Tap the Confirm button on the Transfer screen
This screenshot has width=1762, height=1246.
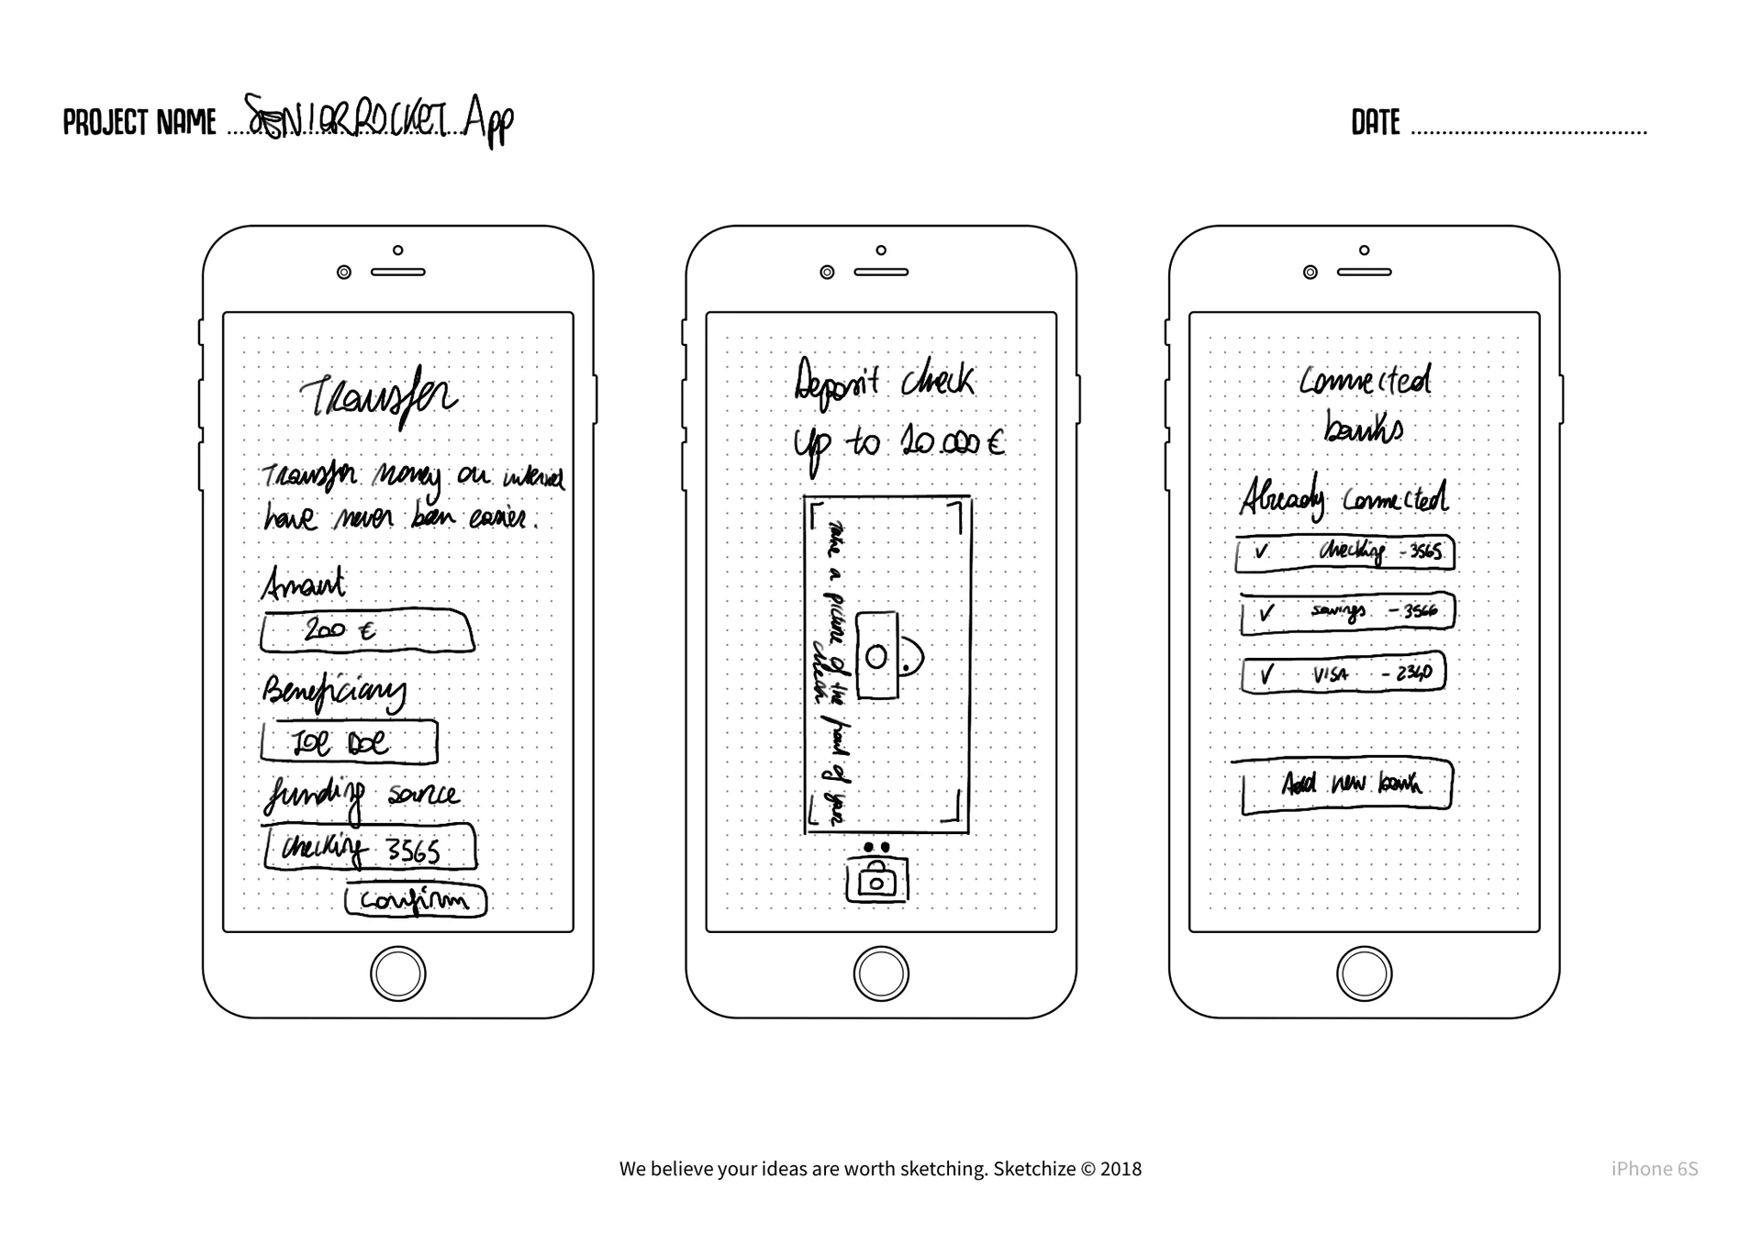click(416, 900)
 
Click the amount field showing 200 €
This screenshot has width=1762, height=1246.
click(367, 631)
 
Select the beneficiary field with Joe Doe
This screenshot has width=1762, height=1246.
click(349, 742)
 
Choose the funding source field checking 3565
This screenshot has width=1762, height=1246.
click(370, 848)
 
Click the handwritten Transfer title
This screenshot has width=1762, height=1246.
click(378, 397)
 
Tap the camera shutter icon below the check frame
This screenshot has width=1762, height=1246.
click(876, 879)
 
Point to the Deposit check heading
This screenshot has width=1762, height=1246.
click(884, 380)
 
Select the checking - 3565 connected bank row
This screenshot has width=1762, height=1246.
click(1344, 552)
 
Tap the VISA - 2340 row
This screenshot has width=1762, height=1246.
click(1343, 673)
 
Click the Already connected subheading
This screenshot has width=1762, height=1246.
click(1344, 498)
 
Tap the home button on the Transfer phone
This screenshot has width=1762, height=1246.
click(398, 973)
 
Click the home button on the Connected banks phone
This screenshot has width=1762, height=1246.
click(1364, 973)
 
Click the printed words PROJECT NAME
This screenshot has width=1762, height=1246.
click(139, 123)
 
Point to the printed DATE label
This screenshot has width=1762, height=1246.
click(1375, 123)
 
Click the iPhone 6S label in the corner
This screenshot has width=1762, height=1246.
click(1654, 1169)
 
